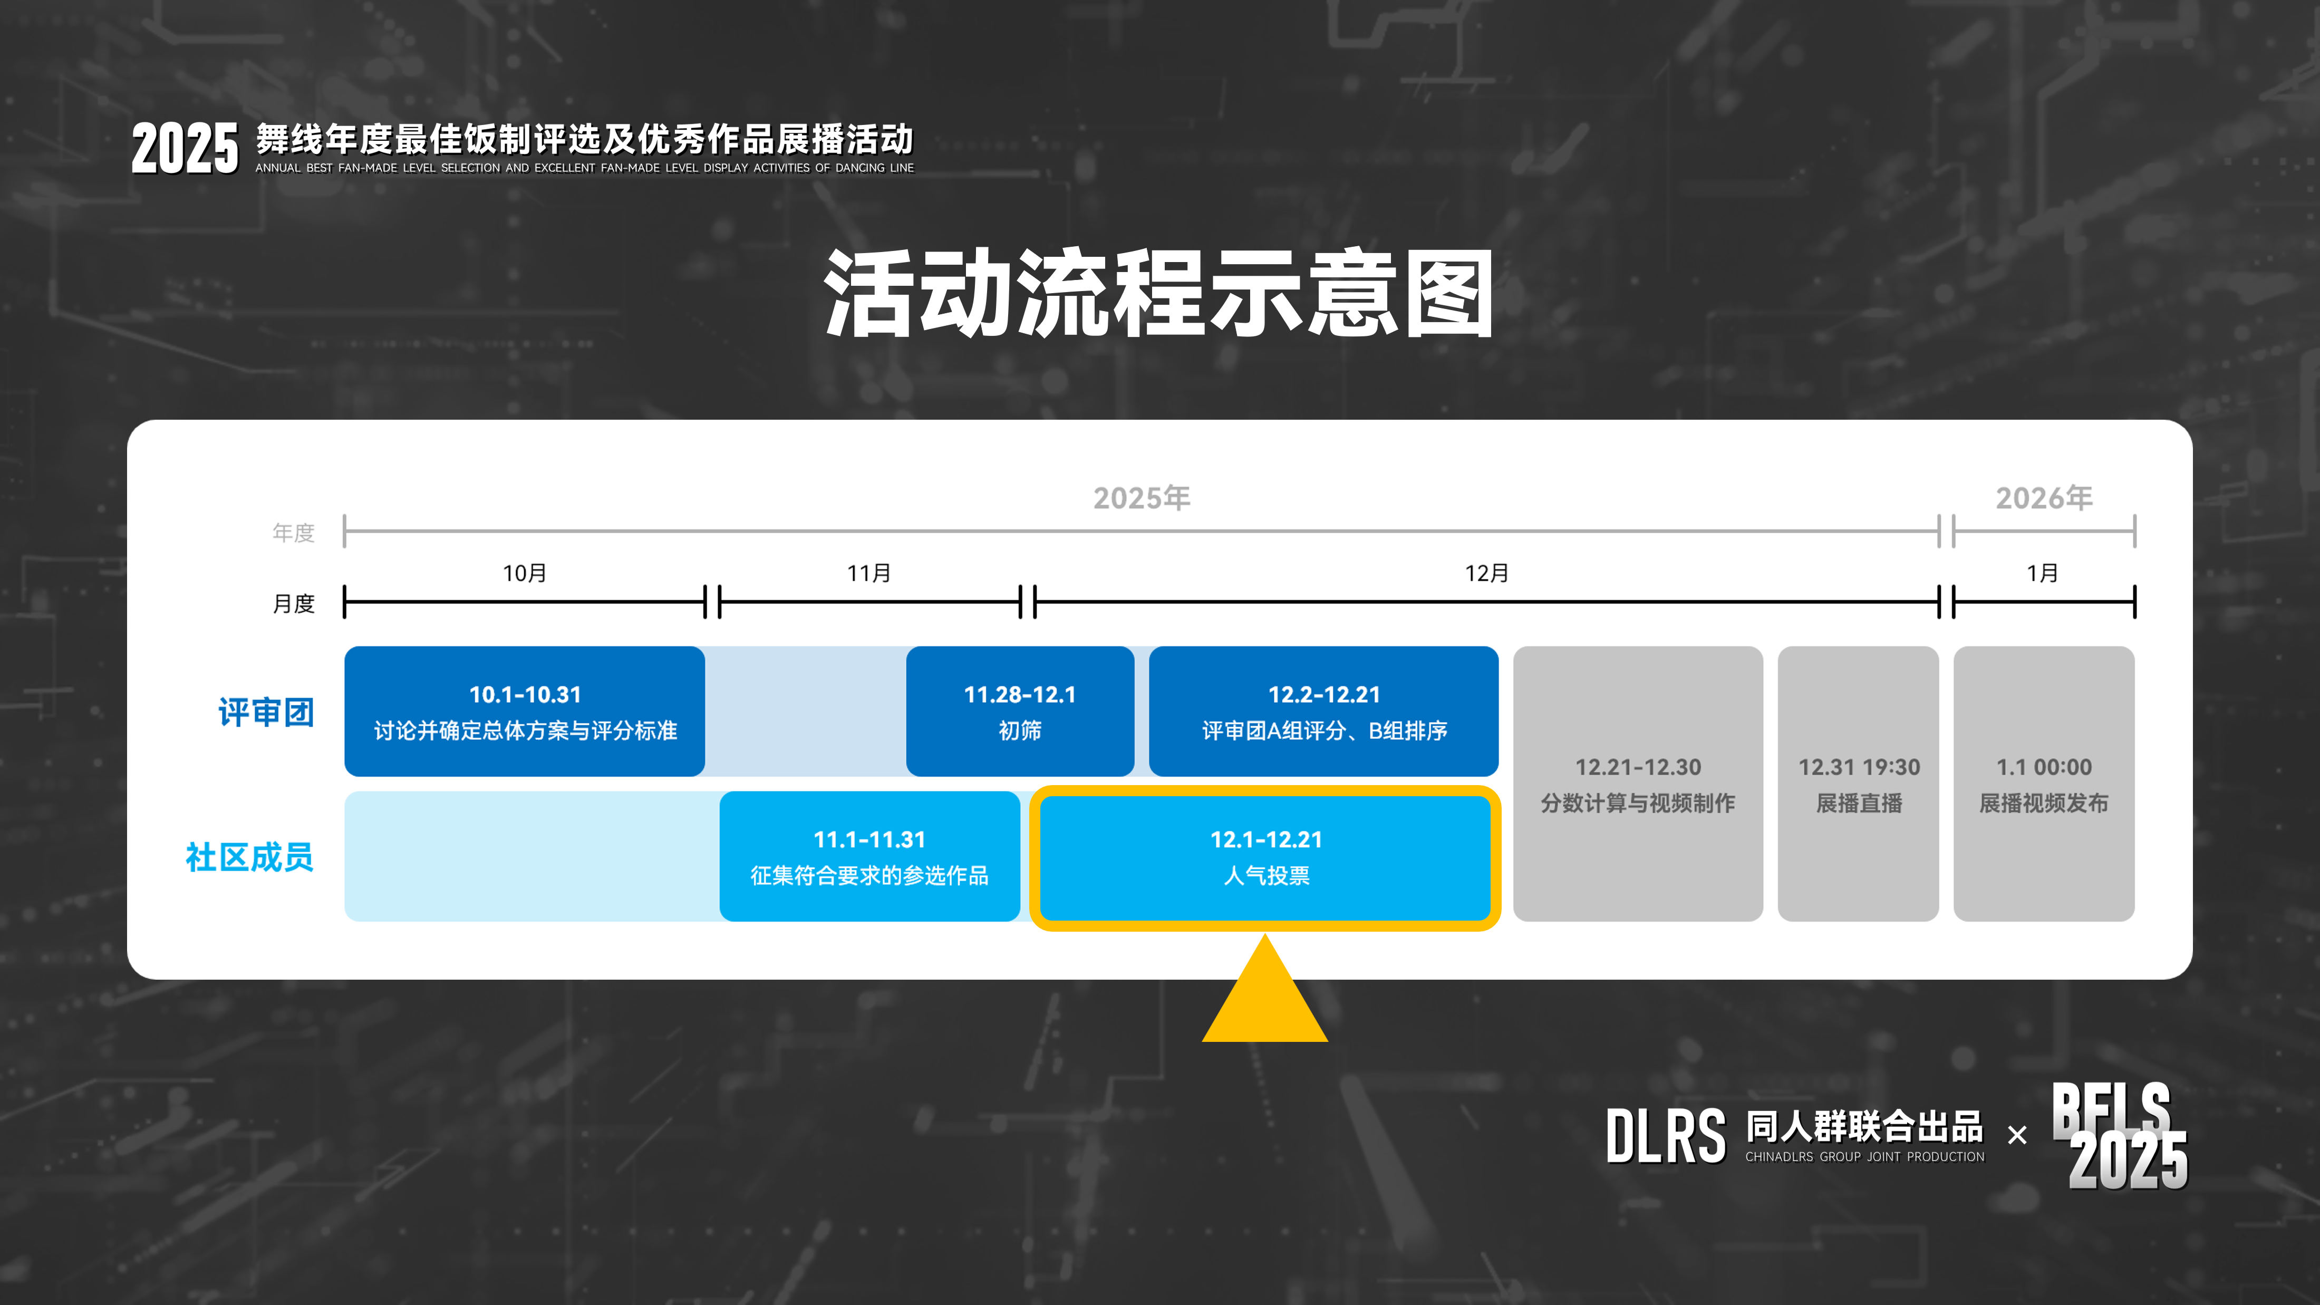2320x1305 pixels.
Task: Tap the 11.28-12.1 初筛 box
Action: (1020, 711)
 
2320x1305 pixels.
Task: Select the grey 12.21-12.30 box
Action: (1637, 784)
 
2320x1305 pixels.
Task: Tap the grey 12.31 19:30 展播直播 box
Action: (1858, 784)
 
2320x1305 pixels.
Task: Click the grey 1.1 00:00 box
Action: (2044, 784)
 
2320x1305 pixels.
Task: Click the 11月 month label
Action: (869, 573)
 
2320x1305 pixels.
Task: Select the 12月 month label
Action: (1486, 573)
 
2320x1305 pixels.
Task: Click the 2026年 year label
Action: (2044, 497)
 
